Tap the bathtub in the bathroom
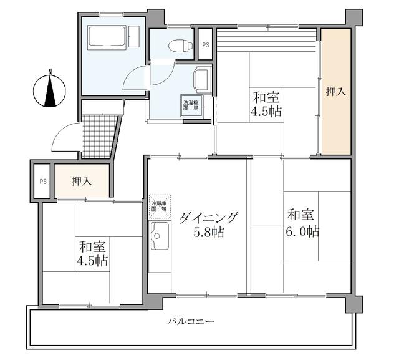click(x=107, y=37)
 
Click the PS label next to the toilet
click(x=205, y=46)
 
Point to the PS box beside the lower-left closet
click(x=42, y=182)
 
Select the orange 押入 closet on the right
click(x=335, y=92)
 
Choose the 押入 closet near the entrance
click(x=81, y=182)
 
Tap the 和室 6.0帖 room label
click(x=303, y=223)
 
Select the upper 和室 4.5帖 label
click(x=266, y=105)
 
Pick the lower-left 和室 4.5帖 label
click(x=92, y=252)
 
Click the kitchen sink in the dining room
click(x=159, y=238)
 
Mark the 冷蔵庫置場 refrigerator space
click(x=160, y=205)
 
